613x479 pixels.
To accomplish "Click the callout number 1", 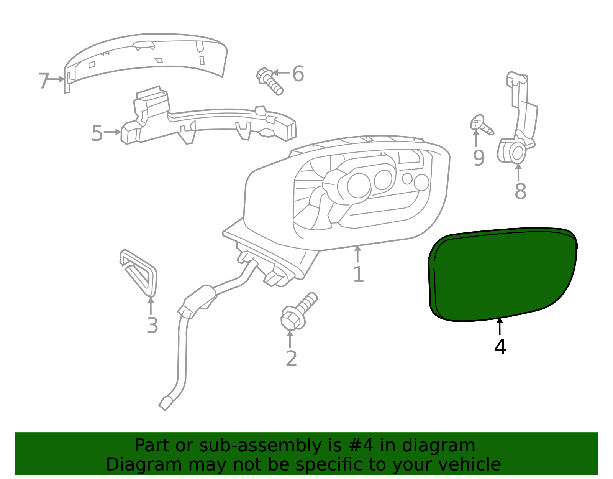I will [358, 275].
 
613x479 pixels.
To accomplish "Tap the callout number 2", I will [291, 359].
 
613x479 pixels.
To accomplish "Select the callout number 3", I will [152, 326].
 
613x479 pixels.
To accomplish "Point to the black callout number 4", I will [500, 347].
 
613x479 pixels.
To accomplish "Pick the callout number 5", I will [97, 133].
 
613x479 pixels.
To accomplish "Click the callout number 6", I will [298, 74].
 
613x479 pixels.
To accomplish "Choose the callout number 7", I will [44, 81].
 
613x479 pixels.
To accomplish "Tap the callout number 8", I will [520, 191].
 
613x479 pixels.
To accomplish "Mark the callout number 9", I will [479, 158].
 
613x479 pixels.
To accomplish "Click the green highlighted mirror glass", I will [502, 274].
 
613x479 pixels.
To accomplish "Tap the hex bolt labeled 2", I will [298, 311].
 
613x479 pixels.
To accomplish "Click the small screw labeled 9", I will [481, 124].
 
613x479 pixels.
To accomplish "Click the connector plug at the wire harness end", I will [166, 403].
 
